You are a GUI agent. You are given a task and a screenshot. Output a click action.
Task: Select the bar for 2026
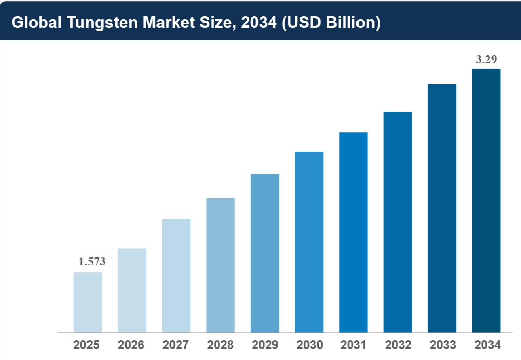click(x=132, y=290)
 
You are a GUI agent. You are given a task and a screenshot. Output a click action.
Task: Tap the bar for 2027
click(x=176, y=275)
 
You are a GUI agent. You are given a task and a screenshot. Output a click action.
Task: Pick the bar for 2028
click(x=220, y=265)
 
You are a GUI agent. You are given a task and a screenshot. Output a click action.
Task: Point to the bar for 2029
click(x=265, y=253)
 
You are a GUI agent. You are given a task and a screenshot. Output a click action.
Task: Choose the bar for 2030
click(x=309, y=242)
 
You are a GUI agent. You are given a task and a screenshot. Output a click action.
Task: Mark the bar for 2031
click(x=353, y=232)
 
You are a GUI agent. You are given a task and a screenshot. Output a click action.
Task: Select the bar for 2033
click(x=442, y=208)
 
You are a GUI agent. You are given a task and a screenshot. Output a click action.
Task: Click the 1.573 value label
click(x=92, y=262)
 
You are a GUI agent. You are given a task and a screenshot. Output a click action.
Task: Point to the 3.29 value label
click(x=486, y=60)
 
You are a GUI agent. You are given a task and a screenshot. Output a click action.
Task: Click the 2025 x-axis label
click(x=86, y=345)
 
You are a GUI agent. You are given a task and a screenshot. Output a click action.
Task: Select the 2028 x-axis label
click(x=220, y=345)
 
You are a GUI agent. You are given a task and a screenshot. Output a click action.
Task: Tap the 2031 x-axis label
click(x=353, y=345)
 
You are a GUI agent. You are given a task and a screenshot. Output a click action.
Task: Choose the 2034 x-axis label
click(x=487, y=345)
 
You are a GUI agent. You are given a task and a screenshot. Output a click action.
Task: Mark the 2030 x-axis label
click(x=310, y=345)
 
